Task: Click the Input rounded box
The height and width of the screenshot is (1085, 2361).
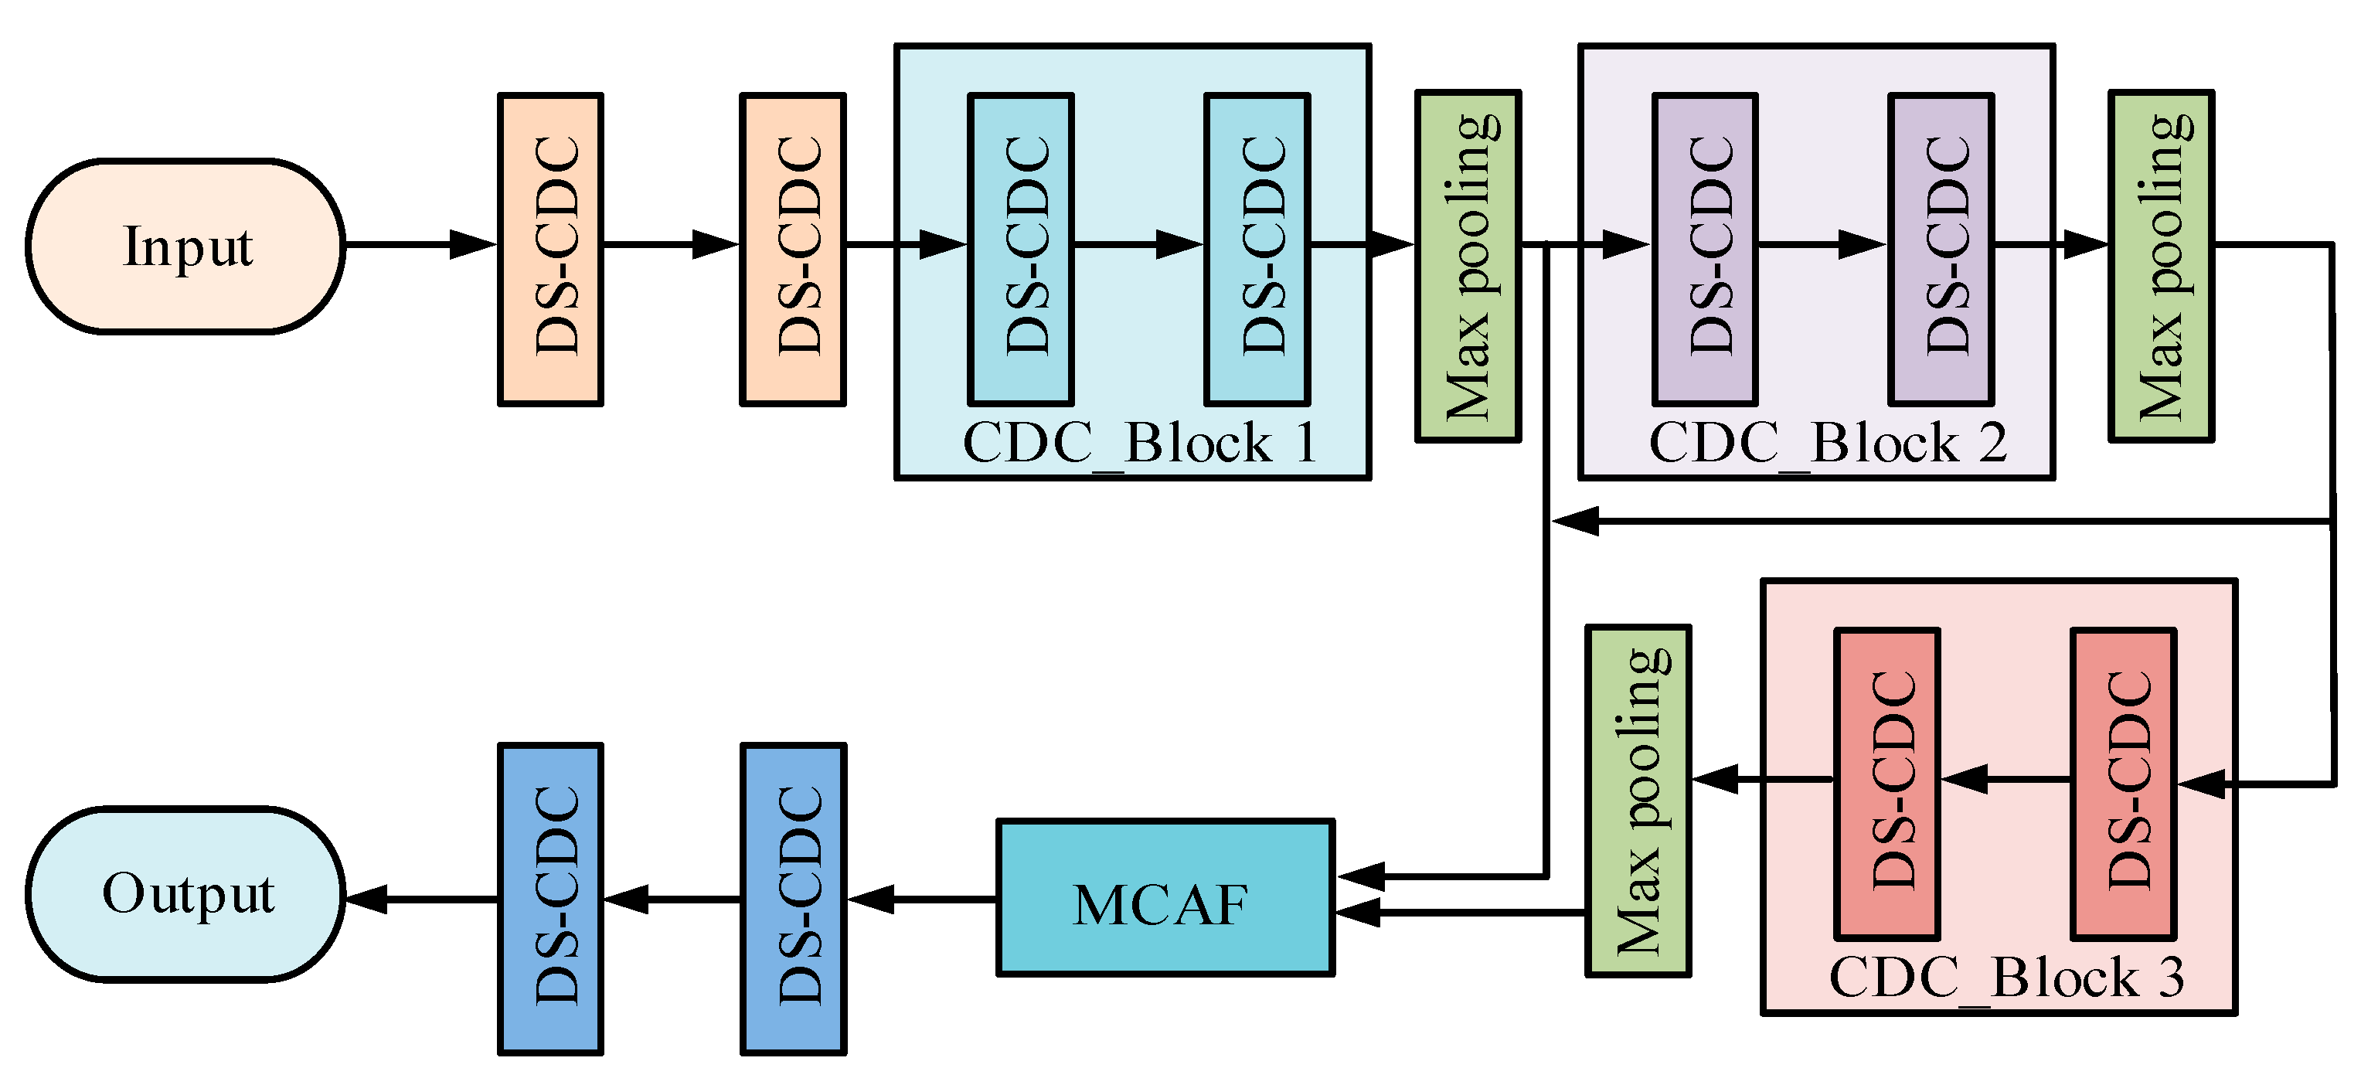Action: [186, 246]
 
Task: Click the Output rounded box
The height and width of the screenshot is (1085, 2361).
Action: [186, 894]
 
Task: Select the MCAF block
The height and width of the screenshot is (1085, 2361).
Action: [1164, 898]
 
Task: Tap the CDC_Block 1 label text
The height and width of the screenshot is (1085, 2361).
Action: [1139, 444]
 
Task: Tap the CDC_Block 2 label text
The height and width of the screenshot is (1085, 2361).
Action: [1827, 444]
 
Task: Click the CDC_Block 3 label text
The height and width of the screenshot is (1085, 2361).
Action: [2006, 978]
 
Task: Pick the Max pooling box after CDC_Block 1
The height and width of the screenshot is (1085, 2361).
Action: [1468, 266]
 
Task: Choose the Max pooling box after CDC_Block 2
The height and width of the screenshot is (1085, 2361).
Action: [2160, 266]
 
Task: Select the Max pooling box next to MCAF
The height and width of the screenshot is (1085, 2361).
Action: [1637, 801]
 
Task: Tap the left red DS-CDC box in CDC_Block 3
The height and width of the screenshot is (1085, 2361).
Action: [1886, 784]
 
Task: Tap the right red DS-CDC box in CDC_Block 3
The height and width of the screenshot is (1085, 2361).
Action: [2123, 784]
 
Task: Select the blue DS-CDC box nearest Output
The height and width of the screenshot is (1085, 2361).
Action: [550, 898]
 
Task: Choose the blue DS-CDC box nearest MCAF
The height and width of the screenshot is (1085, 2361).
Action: [793, 898]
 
